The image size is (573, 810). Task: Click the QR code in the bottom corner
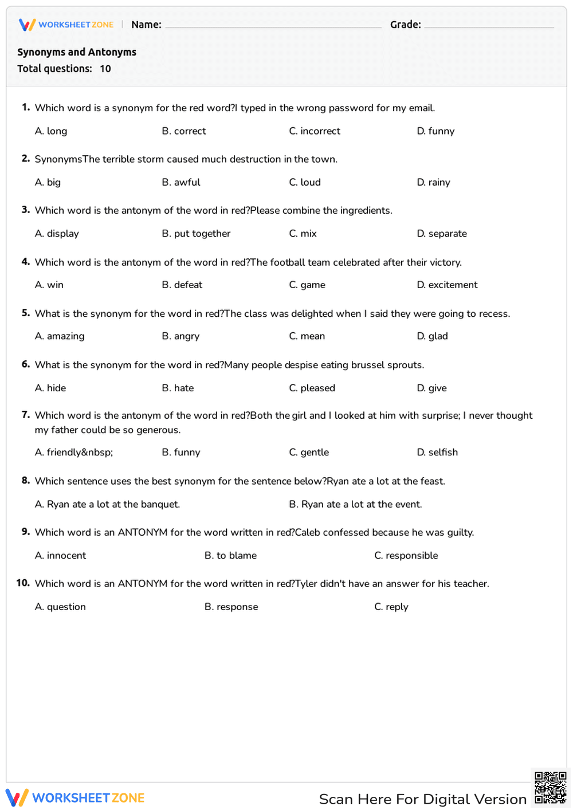(x=550, y=788)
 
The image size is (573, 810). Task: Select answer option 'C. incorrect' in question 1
(x=315, y=131)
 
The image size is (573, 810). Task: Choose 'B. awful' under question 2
(x=181, y=182)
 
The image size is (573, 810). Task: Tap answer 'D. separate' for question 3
(x=442, y=234)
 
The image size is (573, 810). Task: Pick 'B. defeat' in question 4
(x=182, y=285)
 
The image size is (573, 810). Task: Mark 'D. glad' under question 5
(x=433, y=336)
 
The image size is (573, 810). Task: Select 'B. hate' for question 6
(x=178, y=388)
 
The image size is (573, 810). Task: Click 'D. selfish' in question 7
(x=437, y=453)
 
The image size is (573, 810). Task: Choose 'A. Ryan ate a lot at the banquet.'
(x=107, y=504)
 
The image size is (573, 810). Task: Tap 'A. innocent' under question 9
(x=60, y=556)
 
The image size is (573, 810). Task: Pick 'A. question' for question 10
(x=60, y=607)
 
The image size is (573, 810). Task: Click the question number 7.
(x=26, y=415)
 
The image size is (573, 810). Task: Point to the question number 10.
(x=23, y=583)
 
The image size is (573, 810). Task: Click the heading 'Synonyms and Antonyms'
(x=77, y=52)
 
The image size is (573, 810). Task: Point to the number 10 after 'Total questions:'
(x=105, y=69)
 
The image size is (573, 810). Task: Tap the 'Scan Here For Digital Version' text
(x=422, y=799)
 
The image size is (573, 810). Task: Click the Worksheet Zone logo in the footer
(x=75, y=798)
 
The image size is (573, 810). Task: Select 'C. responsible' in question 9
(x=406, y=556)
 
